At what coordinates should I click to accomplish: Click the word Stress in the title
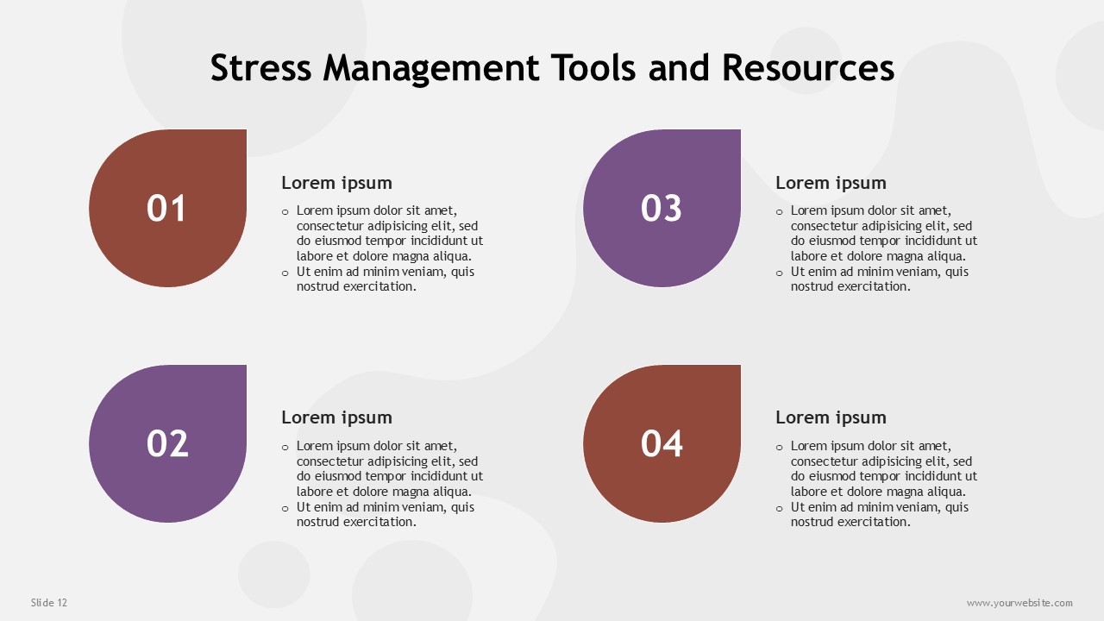(260, 67)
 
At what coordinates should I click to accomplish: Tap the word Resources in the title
(808, 67)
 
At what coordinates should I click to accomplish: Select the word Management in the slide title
(431, 68)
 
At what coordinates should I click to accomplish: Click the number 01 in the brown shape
(166, 208)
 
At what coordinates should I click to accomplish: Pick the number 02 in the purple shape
(167, 443)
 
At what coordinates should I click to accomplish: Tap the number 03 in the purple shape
(662, 208)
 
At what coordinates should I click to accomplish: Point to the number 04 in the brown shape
(662, 443)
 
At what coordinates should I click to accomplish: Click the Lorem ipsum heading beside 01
(336, 184)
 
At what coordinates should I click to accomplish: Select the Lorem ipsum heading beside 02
(336, 418)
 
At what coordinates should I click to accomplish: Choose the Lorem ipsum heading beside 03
(831, 184)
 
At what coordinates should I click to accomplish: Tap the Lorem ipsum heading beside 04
(831, 418)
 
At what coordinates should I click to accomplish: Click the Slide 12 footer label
(49, 602)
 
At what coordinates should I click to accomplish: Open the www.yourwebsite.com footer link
(1019, 603)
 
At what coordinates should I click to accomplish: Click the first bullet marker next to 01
(285, 212)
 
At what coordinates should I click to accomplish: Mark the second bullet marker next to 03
(779, 273)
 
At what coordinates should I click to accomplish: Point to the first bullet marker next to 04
(779, 448)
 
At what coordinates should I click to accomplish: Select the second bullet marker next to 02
(285, 509)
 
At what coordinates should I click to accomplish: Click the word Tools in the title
(593, 67)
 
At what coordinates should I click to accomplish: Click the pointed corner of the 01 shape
(246, 130)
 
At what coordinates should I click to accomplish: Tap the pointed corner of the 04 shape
(740, 366)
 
